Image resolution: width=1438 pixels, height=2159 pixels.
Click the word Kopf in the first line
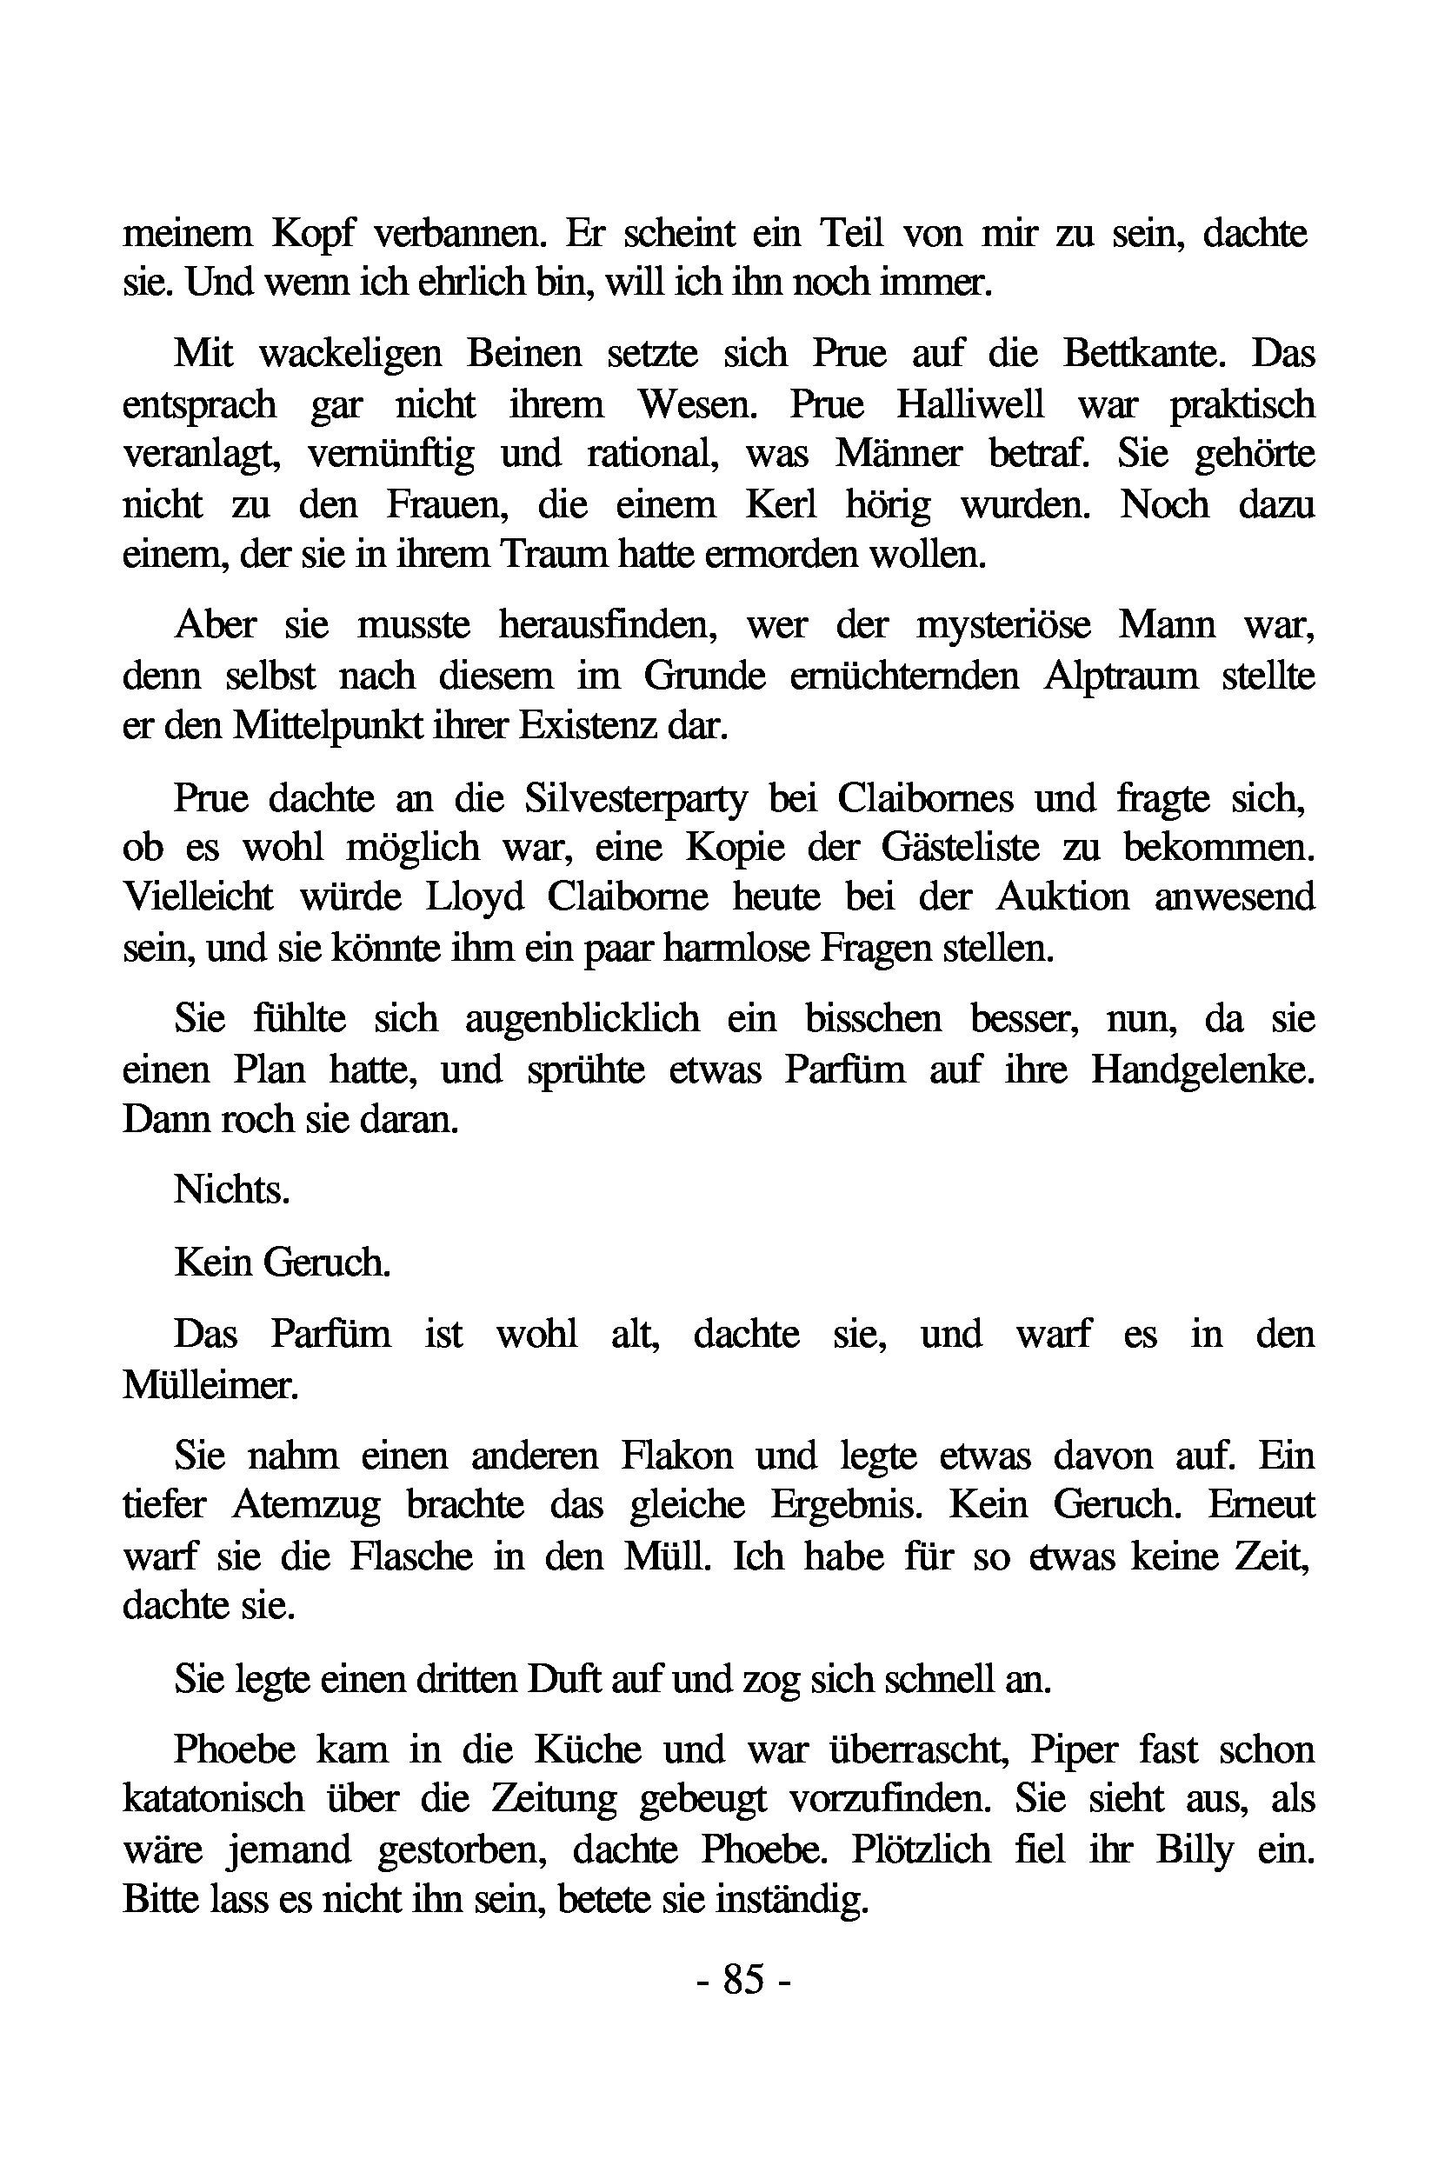tap(313, 234)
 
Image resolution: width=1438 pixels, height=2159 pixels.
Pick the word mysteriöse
tap(1003, 624)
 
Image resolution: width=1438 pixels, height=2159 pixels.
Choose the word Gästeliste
tap(960, 848)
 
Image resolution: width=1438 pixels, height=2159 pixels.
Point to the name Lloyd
tap(474, 897)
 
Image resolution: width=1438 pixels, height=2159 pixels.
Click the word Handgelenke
tap(1202, 1070)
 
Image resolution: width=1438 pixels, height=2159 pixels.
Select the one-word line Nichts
tap(232, 1189)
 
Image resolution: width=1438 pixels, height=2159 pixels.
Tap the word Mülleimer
tap(210, 1384)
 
